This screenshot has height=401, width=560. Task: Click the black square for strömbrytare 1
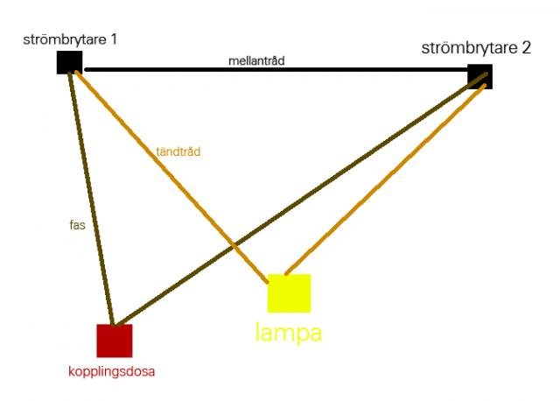click(x=69, y=62)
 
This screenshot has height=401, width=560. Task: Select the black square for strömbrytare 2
click(x=480, y=76)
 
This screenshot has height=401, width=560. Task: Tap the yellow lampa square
click(x=290, y=293)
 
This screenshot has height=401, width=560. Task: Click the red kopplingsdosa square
click(x=115, y=341)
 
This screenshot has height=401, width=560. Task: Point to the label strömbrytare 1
click(x=70, y=39)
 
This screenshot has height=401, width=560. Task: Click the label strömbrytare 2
click(x=476, y=48)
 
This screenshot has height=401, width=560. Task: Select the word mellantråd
click(x=256, y=60)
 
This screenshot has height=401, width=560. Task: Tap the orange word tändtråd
click(x=178, y=151)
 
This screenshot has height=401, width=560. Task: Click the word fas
click(x=78, y=225)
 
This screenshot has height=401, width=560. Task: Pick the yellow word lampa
click(x=289, y=333)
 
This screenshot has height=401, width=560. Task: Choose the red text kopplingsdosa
click(x=111, y=372)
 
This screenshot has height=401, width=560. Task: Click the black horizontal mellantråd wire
click(x=276, y=70)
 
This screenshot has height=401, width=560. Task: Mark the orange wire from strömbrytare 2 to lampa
click(x=385, y=179)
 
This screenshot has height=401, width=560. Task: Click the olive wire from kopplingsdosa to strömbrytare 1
click(x=91, y=199)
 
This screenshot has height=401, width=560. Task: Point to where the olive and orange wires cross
click(x=234, y=245)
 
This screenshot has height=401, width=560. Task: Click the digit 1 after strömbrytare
click(x=114, y=39)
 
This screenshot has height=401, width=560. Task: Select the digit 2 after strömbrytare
click(x=526, y=48)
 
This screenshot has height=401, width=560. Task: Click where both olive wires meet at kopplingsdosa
click(x=115, y=325)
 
